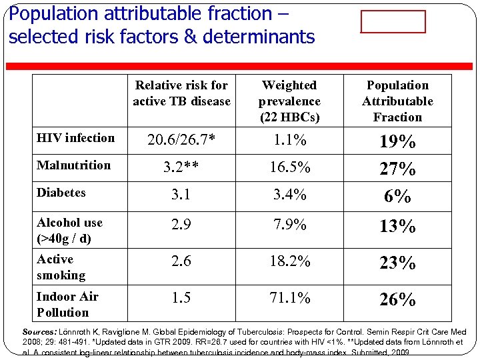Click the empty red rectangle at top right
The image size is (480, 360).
[x=393, y=21]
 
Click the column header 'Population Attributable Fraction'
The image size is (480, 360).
[x=397, y=101]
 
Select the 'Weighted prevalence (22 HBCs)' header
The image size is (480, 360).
[x=289, y=101]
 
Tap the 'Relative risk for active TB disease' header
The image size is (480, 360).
[x=181, y=93]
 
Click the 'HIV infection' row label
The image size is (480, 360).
[x=75, y=138]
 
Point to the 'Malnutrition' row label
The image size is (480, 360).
[x=73, y=165]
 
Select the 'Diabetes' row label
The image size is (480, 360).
[x=61, y=193]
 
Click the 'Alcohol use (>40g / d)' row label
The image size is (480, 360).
[x=69, y=230]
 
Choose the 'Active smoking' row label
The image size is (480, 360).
[x=61, y=267]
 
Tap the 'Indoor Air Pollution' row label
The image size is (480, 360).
[x=67, y=304]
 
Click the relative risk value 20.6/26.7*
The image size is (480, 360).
[x=181, y=140]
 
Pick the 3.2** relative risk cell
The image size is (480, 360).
[x=181, y=167]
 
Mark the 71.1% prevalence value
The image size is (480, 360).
[x=289, y=298]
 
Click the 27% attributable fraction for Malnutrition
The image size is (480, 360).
[x=397, y=169]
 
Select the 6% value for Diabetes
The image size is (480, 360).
[x=397, y=196]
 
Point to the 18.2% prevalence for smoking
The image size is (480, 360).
[x=289, y=261]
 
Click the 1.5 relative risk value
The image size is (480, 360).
[x=181, y=298]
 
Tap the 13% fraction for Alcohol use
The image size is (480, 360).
[x=397, y=227]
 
